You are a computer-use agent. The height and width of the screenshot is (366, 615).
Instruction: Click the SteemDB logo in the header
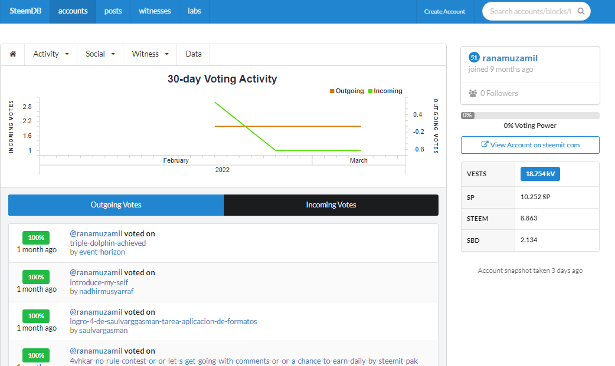point(25,11)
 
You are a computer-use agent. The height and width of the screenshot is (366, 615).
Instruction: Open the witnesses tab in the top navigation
point(155,11)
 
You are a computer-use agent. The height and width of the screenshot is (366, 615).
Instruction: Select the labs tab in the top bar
point(194,11)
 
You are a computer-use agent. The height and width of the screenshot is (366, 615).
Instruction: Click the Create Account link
point(444,11)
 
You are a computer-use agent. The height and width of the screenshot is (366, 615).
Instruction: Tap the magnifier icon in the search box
point(581,11)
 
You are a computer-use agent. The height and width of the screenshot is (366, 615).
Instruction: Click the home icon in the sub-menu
point(13,54)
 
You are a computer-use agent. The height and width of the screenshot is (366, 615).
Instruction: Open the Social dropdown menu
point(100,54)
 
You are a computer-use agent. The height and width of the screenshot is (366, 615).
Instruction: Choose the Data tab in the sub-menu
point(194,54)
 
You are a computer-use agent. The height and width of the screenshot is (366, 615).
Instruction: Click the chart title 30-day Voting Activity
point(223,79)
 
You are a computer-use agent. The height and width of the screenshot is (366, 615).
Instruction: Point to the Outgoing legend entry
point(346,91)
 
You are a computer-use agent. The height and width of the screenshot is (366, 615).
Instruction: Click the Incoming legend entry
point(385,91)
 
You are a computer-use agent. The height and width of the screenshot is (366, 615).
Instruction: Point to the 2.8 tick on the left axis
point(27,107)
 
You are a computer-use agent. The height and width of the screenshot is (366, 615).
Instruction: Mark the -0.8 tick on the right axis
point(418,149)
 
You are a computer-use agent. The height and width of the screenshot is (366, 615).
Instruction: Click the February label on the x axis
point(176,160)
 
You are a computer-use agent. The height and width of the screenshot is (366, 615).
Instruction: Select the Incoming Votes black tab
point(331,205)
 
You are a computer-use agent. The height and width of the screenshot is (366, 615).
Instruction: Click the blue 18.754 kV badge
point(540,174)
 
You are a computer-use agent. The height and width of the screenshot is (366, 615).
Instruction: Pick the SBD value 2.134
point(529,240)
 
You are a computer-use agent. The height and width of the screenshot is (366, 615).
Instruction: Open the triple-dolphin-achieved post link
point(108,243)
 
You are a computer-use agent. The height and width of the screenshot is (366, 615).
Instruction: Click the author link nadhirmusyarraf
point(106,291)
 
